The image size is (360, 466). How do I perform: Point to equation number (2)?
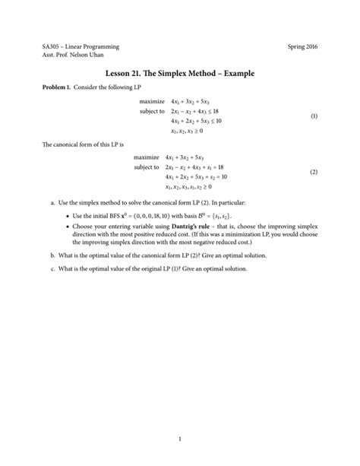click(312, 172)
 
